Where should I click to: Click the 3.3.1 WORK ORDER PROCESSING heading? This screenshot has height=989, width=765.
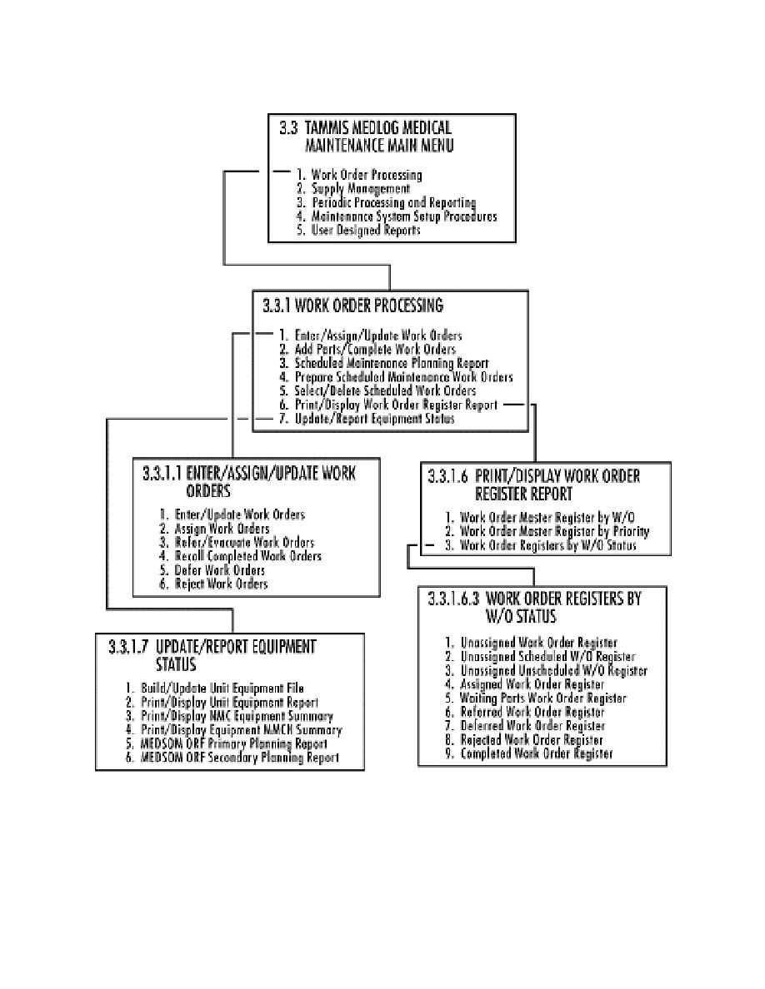[x=361, y=306]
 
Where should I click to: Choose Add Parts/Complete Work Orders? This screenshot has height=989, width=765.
[x=376, y=349]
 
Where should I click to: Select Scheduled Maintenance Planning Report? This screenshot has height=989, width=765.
[x=391, y=363]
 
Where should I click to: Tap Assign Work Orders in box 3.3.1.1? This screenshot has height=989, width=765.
[x=222, y=529]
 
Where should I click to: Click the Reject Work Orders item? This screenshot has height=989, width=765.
[x=221, y=584]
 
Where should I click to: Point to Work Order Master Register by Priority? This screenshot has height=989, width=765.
[x=554, y=531]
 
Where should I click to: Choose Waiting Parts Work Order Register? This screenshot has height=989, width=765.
[x=543, y=698]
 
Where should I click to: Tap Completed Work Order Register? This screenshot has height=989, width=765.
[x=537, y=754]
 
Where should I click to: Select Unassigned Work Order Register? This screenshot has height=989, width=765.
[x=538, y=643]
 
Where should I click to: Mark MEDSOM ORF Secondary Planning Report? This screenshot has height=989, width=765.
[x=242, y=758]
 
